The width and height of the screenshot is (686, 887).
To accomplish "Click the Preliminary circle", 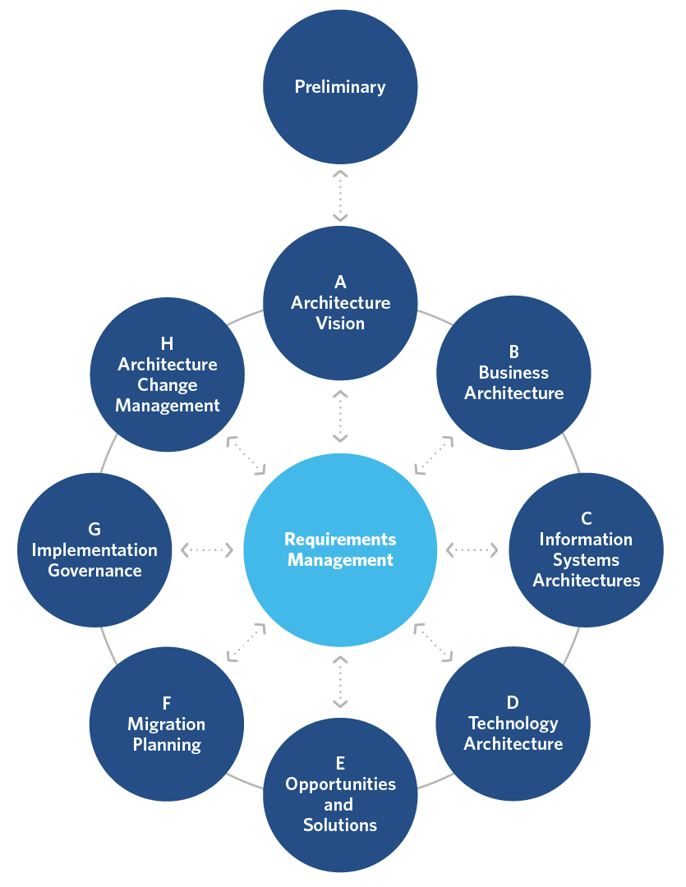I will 340,86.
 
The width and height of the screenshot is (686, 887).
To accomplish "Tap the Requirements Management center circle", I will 340,549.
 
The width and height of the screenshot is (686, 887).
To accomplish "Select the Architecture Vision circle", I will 340,303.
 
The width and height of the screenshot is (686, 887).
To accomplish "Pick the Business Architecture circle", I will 513,373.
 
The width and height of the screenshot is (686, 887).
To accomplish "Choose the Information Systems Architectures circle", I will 586,549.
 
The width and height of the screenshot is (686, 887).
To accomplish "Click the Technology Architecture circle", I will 513,724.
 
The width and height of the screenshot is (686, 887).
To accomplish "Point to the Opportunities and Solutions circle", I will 340,795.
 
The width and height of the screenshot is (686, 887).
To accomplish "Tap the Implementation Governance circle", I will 94,549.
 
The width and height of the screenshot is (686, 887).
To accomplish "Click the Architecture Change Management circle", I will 167,375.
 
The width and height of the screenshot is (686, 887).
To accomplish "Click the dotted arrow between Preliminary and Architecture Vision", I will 340,195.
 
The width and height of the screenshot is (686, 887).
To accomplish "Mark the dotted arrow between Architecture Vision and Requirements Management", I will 340,416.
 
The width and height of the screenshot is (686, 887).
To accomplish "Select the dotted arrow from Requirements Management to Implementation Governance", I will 207,549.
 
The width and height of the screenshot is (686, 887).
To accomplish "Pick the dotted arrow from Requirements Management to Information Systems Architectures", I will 472,549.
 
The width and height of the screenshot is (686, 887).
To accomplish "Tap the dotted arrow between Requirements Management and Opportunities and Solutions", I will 340,681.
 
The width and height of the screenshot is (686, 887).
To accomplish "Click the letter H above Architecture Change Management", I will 168,344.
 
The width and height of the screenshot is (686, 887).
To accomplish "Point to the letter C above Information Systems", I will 586,518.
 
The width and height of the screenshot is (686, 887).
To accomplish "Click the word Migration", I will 167,724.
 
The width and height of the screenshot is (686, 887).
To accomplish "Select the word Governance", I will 94,571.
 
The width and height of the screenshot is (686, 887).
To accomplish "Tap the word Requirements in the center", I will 340,540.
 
